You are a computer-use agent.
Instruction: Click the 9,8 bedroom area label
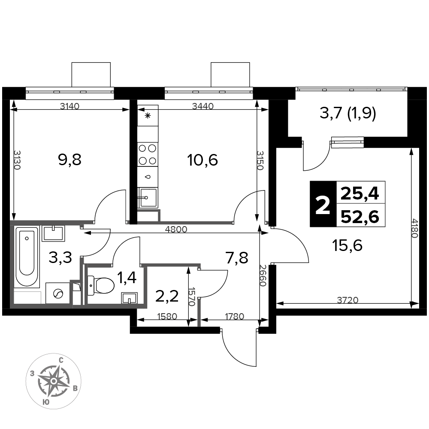point(70,160)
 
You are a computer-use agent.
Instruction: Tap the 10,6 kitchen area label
point(202,160)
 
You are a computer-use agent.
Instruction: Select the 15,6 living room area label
point(347,245)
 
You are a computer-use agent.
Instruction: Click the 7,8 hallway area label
point(237,257)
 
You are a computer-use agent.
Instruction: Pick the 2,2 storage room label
point(167,296)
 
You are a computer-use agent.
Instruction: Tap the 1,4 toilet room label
point(127,278)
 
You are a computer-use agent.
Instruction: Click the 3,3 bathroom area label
point(60,257)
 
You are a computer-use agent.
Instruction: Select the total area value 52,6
point(360,218)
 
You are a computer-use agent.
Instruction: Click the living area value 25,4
point(360,194)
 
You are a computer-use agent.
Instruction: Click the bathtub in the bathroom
point(27,257)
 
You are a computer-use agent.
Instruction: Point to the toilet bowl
point(101,286)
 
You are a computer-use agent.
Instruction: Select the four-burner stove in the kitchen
point(148,154)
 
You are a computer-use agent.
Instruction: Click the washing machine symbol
point(58,293)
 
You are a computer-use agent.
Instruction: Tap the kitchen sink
point(148,197)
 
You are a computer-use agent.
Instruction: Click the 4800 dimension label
point(176,229)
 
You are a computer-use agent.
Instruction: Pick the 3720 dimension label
point(347,300)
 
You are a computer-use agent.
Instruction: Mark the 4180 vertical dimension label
point(415,228)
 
